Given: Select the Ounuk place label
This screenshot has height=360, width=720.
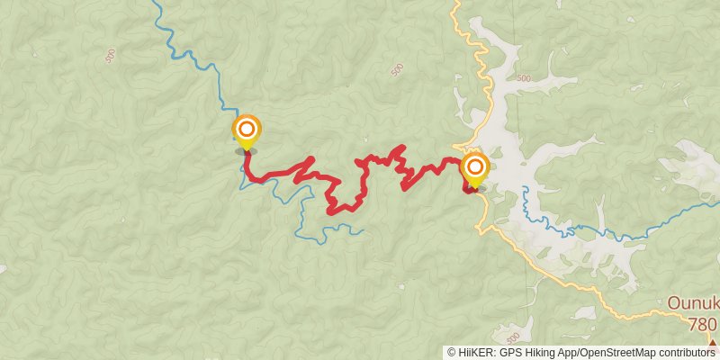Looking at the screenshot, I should coord(693,303).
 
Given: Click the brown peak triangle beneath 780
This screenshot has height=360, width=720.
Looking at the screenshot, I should coord(712,344).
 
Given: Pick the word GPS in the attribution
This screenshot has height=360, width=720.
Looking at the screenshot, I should coord(508,353).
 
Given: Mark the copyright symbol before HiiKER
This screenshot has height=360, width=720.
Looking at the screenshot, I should coord(452,353).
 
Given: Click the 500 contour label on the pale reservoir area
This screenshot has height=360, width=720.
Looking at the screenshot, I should coord(525,78).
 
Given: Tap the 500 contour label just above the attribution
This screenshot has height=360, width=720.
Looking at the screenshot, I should coord(512,337).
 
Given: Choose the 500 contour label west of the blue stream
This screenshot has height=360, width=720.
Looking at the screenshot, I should coord(110,56).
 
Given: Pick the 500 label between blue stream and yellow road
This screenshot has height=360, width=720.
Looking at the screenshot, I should coord(397,69).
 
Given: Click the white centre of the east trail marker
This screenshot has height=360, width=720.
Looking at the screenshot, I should coord(474,166).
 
